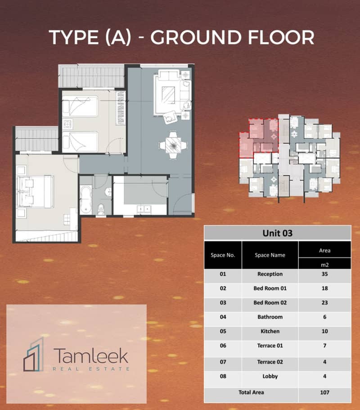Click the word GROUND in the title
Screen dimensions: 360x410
click(x=196, y=37)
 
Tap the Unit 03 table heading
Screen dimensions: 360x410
click(x=278, y=233)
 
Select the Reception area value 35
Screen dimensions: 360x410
click(x=324, y=274)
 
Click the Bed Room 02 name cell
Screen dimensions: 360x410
click(x=270, y=302)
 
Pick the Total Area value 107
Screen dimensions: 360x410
click(x=324, y=392)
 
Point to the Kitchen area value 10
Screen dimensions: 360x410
click(x=324, y=331)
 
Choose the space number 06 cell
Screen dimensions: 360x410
click(x=223, y=346)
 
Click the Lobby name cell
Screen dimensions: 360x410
click(x=270, y=376)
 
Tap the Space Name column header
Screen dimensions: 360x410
click(x=270, y=255)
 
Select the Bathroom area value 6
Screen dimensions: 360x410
click(x=324, y=317)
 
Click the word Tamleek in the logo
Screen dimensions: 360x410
click(x=91, y=355)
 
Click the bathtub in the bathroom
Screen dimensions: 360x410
click(x=85, y=199)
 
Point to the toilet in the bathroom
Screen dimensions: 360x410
click(x=101, y=210)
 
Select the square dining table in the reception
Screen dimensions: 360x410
click(x=173, y=145)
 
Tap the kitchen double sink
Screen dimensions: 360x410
click(x=144, y=209)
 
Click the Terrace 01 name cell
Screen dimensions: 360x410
click(x=270, y=346)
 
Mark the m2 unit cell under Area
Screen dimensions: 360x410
click(x=324, y=264)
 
